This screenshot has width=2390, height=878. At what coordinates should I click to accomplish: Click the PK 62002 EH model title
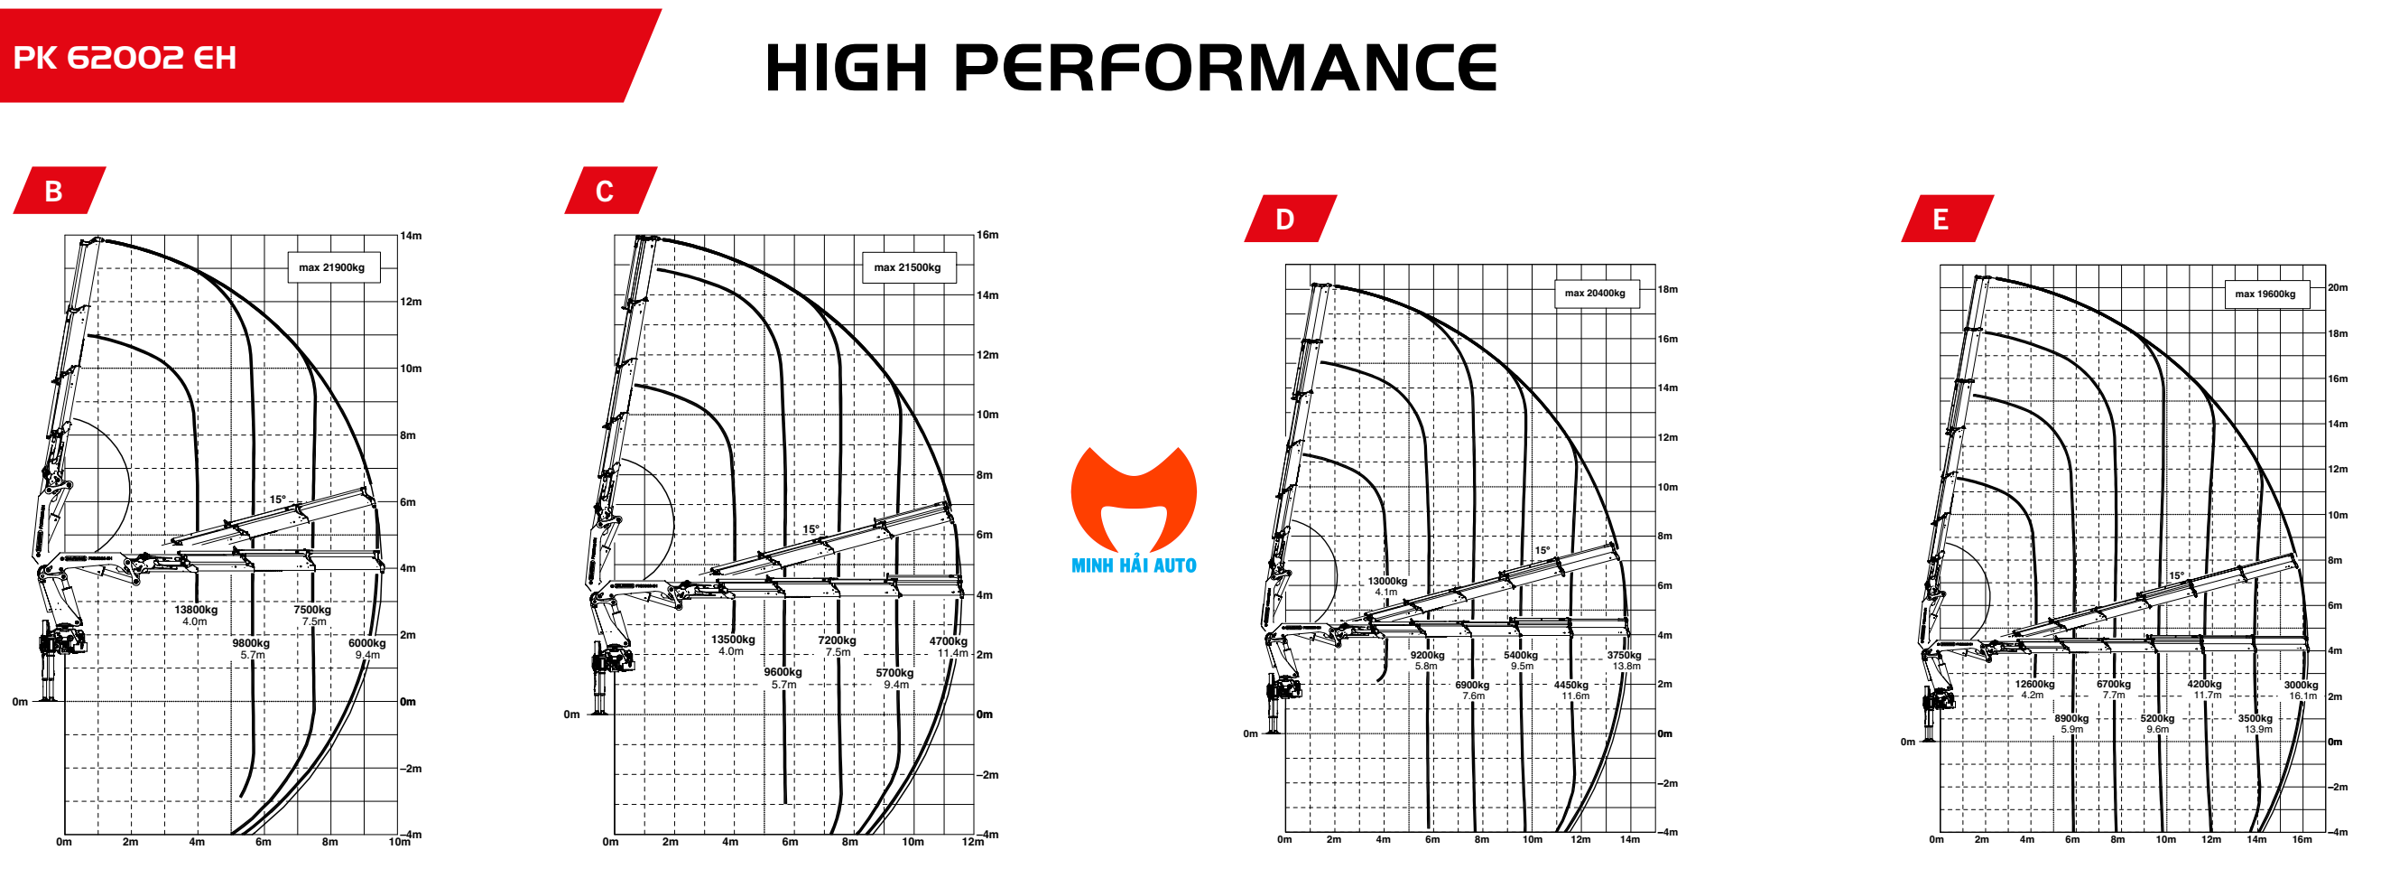tap(125, 58)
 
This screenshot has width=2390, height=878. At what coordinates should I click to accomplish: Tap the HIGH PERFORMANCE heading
tap(1130, 67)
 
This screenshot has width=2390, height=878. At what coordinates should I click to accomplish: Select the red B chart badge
tap(55, 191)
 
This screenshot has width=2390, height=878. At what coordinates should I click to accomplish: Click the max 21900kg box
tap(331, 267)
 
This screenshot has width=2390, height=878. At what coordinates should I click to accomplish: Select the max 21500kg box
tap(906, 267)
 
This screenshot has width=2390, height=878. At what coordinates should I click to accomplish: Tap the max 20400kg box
tap(1595, 294)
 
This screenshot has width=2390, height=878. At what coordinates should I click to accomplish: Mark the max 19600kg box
tap(2265, 294)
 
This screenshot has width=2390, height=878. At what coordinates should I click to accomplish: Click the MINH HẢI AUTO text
tap(1133, 565)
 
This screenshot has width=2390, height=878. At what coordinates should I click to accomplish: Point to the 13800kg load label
tap(196, 610)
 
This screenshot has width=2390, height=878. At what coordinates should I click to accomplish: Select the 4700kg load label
tap(949, 641)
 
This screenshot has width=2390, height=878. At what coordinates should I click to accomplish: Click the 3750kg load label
tap(1624, 655)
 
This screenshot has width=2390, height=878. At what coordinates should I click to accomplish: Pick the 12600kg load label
tap(2034, 684)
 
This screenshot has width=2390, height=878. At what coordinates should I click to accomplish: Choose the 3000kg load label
tap(2301, 685)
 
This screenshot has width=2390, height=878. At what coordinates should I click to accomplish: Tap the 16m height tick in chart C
tap(987, 235)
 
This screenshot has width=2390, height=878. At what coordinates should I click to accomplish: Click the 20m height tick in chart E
tap(2337, 288)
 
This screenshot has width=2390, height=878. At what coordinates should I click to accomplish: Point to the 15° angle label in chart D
tap(1542, 550)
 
